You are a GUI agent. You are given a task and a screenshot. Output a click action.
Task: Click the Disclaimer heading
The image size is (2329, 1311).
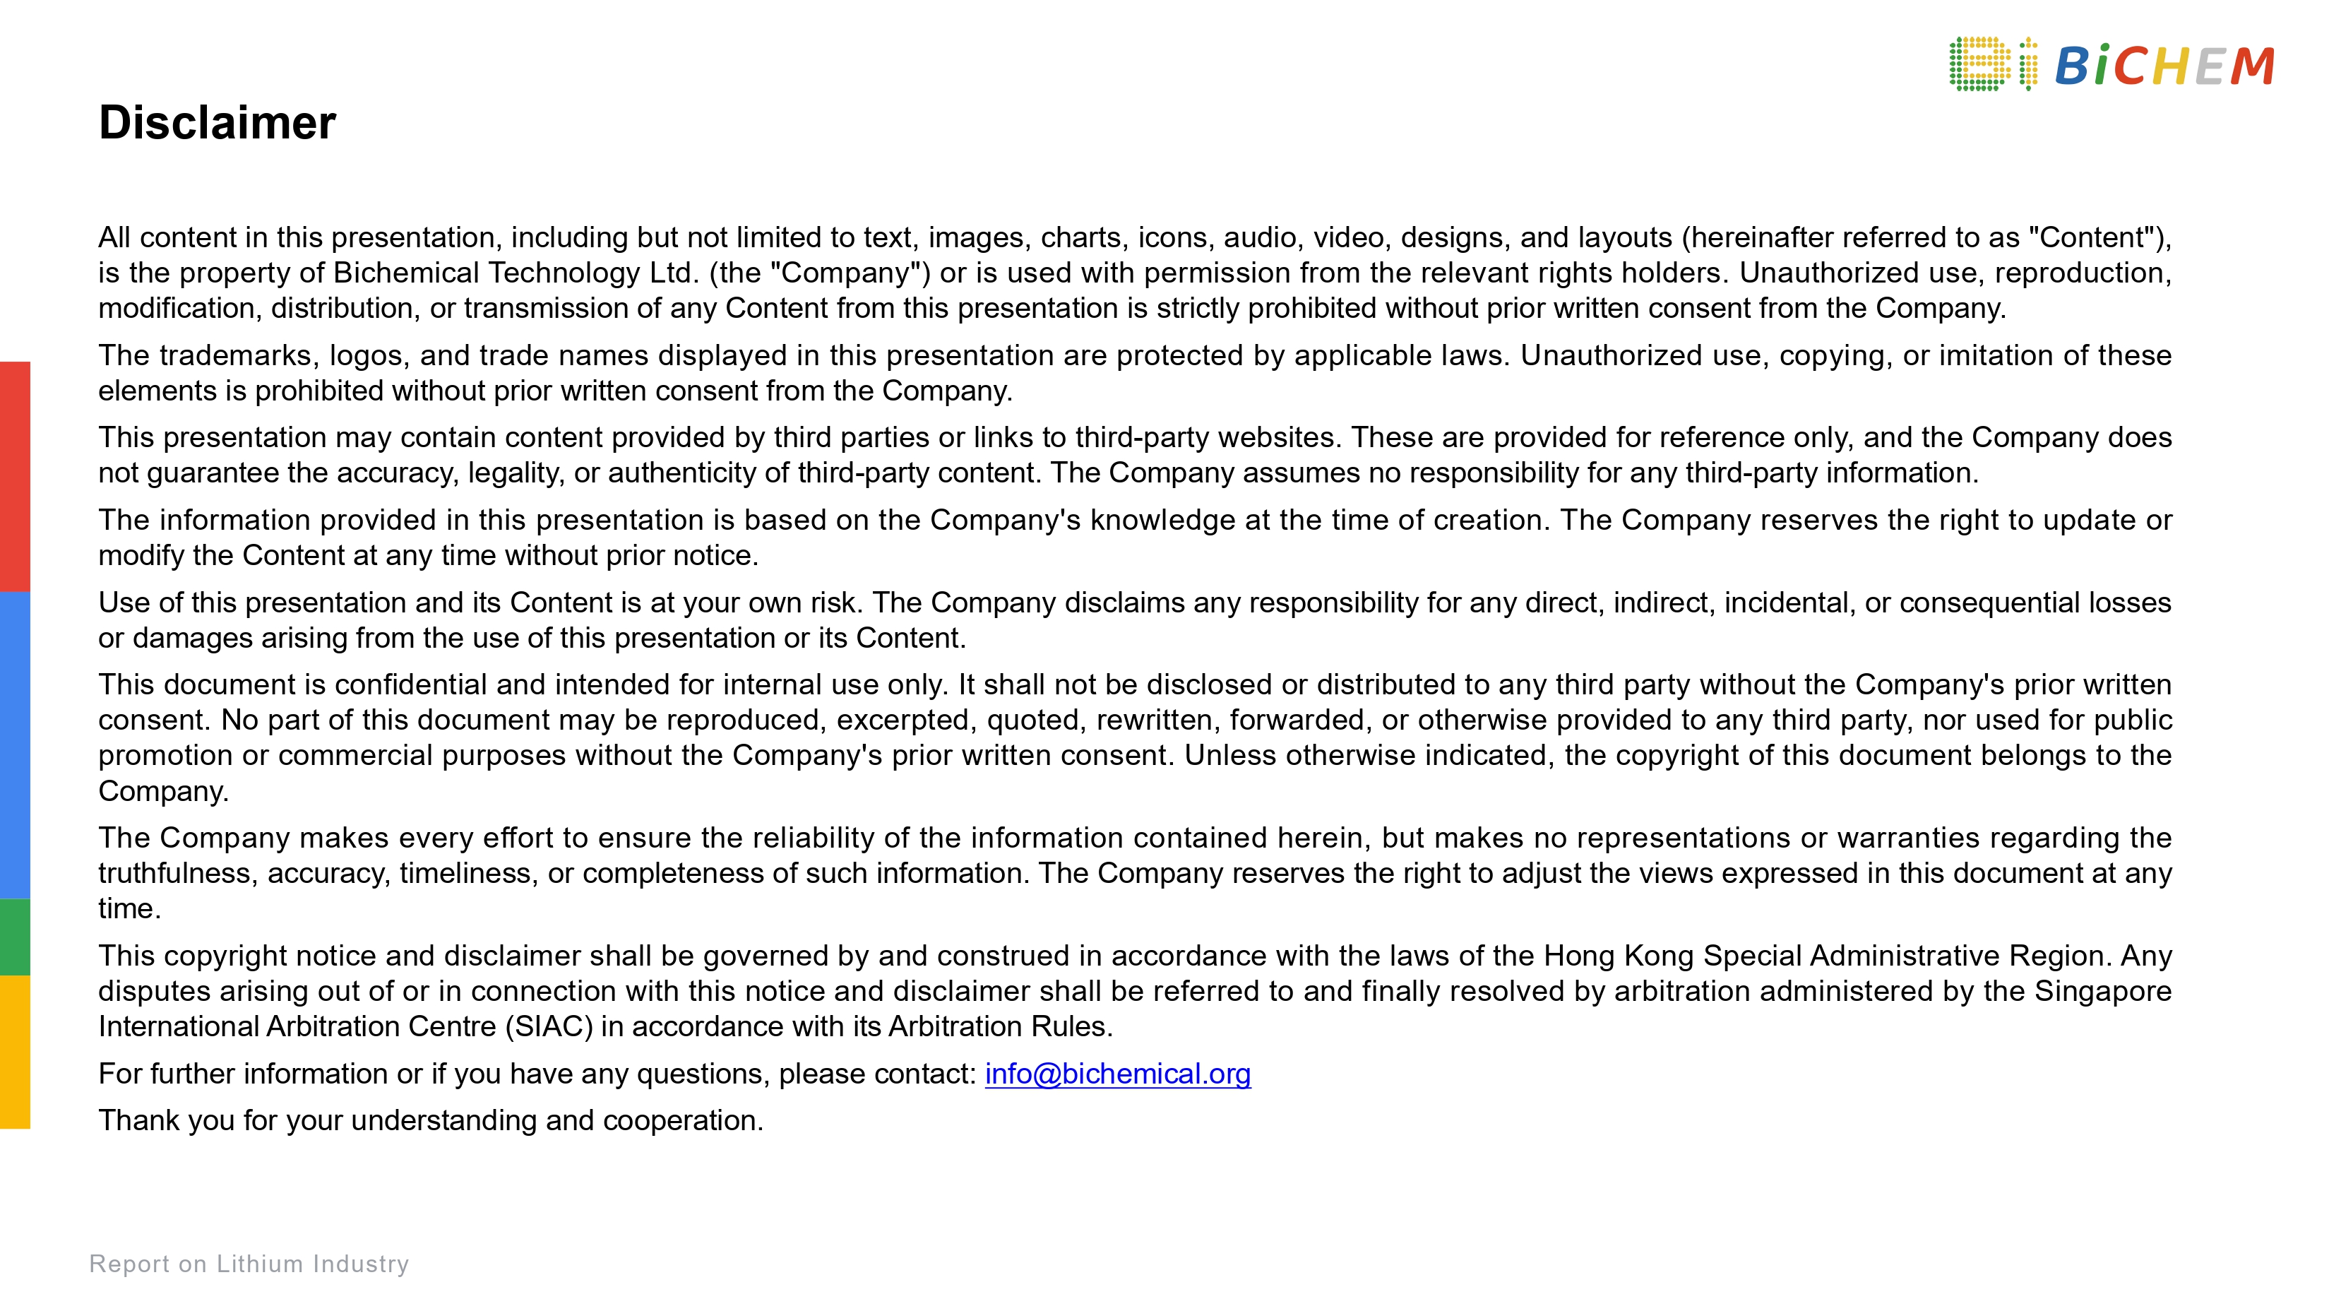[x=217, y=122]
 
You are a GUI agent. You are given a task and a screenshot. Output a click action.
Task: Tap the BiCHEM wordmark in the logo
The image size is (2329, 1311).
[x=2164, y=66]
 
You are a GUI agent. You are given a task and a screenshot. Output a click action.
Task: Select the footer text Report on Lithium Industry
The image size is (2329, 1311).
[x=249, y=1263]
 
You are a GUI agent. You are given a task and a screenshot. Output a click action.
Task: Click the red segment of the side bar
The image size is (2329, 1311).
[x=14, y=477]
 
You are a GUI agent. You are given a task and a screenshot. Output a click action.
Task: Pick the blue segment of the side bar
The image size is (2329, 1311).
[x=14, y=745]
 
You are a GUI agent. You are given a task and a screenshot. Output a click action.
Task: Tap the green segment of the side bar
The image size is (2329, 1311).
[x=14, y=937]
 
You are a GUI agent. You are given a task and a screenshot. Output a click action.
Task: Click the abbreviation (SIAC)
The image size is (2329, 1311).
[x=549, y=1026]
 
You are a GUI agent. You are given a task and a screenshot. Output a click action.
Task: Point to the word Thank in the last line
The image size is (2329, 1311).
[x=142, y=1120]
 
